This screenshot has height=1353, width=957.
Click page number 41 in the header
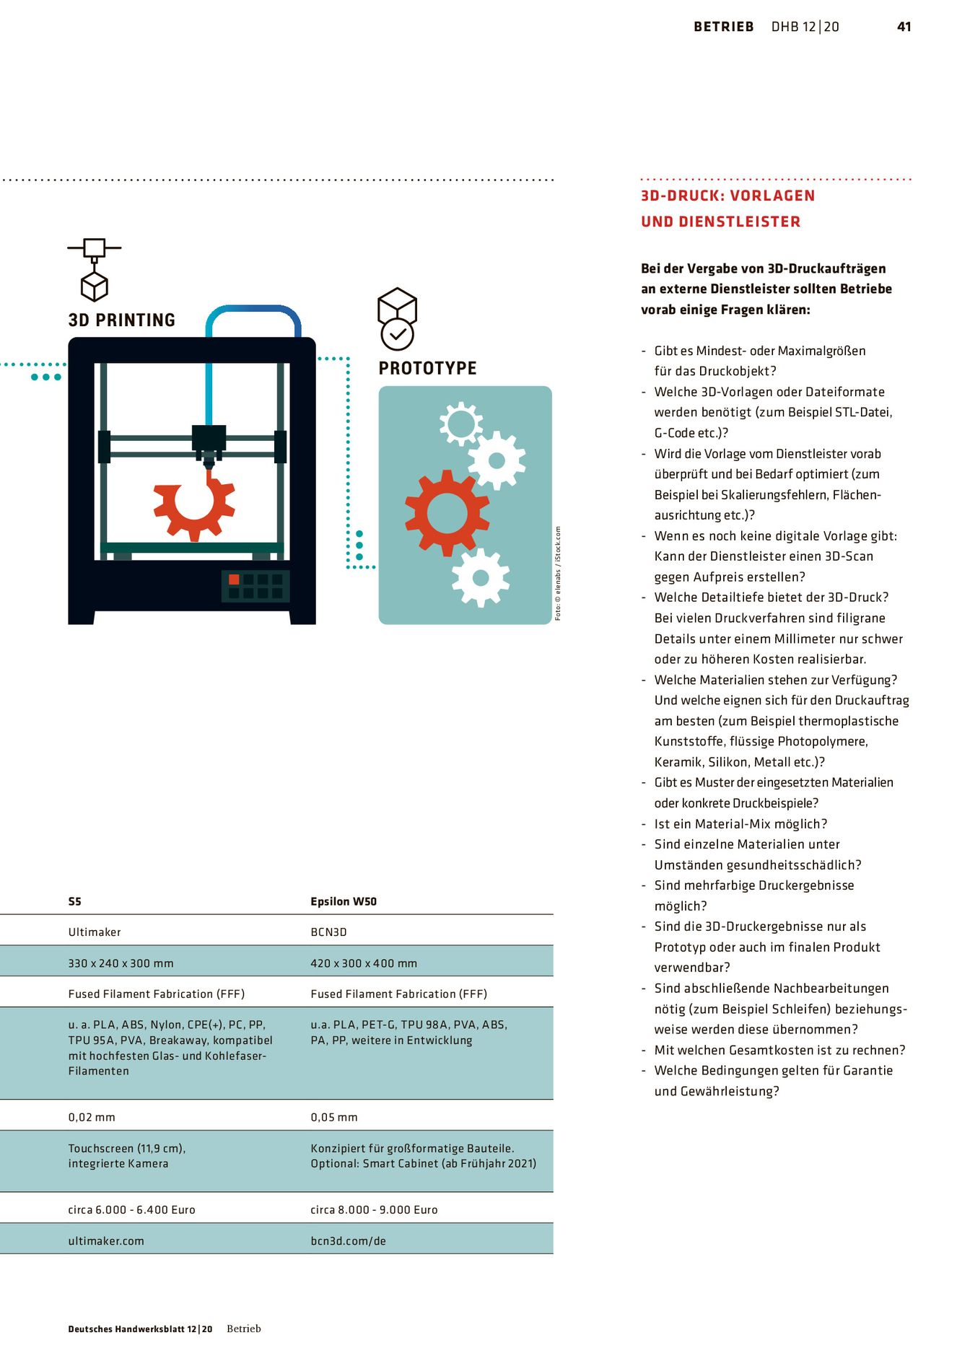(904, 27)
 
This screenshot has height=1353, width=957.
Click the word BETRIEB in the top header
(723, 27)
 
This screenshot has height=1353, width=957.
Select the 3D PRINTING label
(121, 320)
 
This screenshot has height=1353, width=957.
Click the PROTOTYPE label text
(427, 368)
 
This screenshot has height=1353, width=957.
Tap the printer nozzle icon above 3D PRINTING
(95, 269)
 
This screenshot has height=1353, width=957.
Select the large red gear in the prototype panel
(447, 513)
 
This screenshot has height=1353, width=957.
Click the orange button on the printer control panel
(234, 579)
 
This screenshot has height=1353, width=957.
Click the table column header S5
(75, 901)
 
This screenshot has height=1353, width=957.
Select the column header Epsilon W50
(344, 901)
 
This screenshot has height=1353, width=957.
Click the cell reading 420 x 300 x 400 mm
(364, 963)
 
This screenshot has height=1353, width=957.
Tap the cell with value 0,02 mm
(92, 1117)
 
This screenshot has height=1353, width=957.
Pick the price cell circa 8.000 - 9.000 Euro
(374, 1209)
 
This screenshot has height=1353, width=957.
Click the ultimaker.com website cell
(106, 1241)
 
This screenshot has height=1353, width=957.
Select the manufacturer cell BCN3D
(328, 932)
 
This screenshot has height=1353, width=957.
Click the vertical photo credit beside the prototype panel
(558, 573)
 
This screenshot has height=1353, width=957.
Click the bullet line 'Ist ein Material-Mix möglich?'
(740, 824)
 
